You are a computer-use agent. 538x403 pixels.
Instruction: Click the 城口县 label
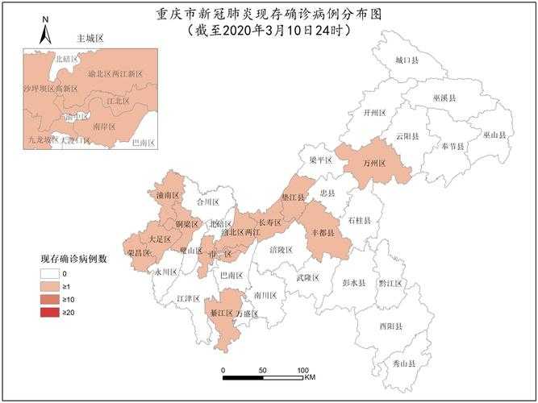[x=407, y=60]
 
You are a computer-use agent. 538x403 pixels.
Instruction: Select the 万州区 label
[x=376, y=164]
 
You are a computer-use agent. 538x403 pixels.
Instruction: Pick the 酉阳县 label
[x=390, y=326]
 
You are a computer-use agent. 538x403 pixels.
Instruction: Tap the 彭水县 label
[x=353, y=284]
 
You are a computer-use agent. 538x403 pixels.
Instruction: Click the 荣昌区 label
[x=139, y=253]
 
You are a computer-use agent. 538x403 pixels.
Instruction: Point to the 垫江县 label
[x=294, y=197]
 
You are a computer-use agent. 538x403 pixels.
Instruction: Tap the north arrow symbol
[x=45, y=31]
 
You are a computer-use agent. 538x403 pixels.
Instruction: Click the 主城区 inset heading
[x=90, y=39]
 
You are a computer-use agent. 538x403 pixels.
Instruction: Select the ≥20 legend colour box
[x=52, y=312]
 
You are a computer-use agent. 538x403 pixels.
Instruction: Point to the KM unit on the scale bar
[x=310, y=377]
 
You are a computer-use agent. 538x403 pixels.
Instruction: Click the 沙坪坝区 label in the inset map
[x=38, y=86]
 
